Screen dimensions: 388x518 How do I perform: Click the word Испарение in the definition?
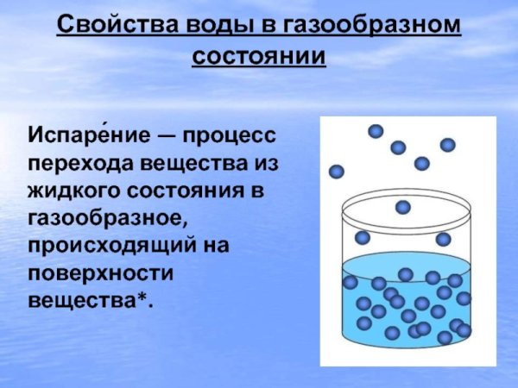(85, 136)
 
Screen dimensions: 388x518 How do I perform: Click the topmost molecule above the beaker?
(376, 131)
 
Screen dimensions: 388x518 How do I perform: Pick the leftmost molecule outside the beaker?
(337, 172)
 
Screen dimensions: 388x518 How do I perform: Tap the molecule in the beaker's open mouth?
(403, 207)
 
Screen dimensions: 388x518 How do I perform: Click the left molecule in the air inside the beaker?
(363, 237)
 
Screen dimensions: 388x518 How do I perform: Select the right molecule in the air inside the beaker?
(443, 239)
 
